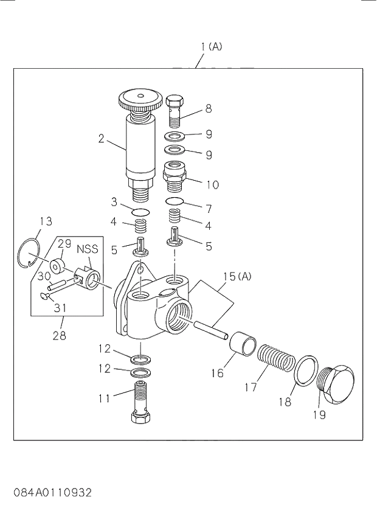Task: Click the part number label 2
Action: pyautogui.click(x=102, y=138)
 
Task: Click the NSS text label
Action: pyautogui.click(x=87, y=249)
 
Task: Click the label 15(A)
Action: pyautogui.click(x=237, y=277)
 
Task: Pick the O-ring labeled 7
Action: pyautogui.click(x=175, y=201)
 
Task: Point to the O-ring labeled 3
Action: pyautogui.click(x=140, y=212)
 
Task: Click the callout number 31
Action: pyautogui.click(x=60, y=308)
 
